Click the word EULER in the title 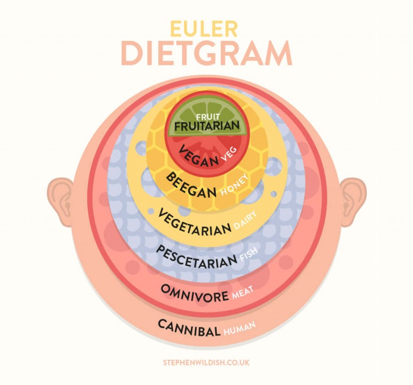click(x=204, y=29)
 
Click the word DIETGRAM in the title click(x=206, y=53)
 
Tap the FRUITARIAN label click(x=207, y=126)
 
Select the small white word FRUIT click(x=208, y=117)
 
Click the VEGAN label click(x=199, y=156)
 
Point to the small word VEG click(x=229, y=154)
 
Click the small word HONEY click(x=234, y=185)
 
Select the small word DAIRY click(x=245, y=220)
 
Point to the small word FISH click(x=248, y=255)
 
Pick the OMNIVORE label click(x=195, y=293)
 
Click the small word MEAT click(x=243, y=293)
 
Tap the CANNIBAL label click(x=189, y=328)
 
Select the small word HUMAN click(x=239, y=329)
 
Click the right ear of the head click(x=353, y=202)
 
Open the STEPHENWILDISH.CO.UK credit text click(x=206, y=362)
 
